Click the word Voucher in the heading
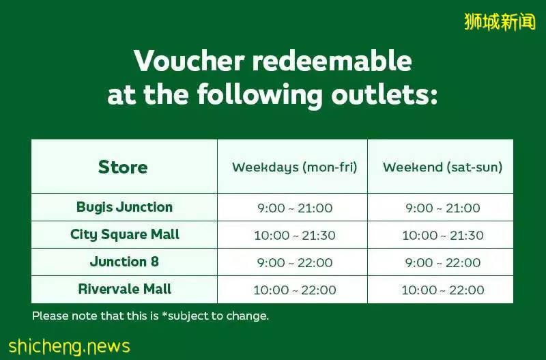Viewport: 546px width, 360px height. click(189, 61)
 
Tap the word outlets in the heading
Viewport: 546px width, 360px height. click(384, 94)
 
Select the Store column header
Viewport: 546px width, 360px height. click(123, 167)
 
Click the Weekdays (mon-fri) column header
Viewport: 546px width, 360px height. click(295, 167)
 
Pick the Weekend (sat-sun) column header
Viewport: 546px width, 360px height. click(442, 167)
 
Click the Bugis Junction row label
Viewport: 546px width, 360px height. click(124, 207)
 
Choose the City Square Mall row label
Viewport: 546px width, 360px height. click(125, 234)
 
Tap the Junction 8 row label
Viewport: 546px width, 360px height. click(124, 262)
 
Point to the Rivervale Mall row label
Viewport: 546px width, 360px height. click(125, 289)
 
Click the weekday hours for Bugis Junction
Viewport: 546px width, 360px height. click(295, 208)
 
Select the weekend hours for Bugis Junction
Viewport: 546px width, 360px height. click(442, 208)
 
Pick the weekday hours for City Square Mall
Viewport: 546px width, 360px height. click(295, 235)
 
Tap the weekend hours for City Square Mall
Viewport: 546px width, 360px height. click(442, 235)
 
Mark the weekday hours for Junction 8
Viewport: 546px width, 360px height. click(295, 262)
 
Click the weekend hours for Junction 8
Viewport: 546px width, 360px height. click(442, 262)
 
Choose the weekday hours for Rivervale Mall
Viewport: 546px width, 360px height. click(295, 290)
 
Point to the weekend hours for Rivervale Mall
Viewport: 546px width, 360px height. click(442, 290)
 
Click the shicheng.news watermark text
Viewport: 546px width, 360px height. click(70, 346)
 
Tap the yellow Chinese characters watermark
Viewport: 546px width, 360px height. click(500, 22)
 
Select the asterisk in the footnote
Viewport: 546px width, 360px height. click(164, 314)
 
